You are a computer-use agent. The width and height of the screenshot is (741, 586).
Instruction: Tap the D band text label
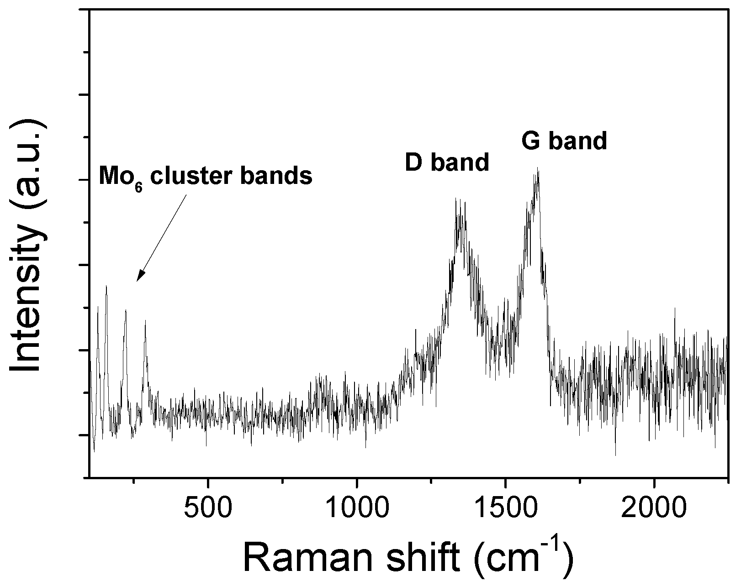tap(447, 162)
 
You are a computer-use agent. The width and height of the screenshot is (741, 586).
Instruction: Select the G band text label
tap(564, 141)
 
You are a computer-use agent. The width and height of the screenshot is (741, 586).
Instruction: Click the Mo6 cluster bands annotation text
tap(206, 176)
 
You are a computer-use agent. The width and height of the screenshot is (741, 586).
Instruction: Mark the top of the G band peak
tap(538, 168)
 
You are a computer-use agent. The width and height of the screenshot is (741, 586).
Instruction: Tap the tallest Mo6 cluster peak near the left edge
tap(106, 287)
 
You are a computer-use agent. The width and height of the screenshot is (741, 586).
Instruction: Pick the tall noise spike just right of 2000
tap(675, 309)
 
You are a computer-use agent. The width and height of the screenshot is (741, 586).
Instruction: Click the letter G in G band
tap(531, 141)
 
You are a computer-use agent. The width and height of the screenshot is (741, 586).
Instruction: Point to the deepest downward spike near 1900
tap(615, 454)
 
